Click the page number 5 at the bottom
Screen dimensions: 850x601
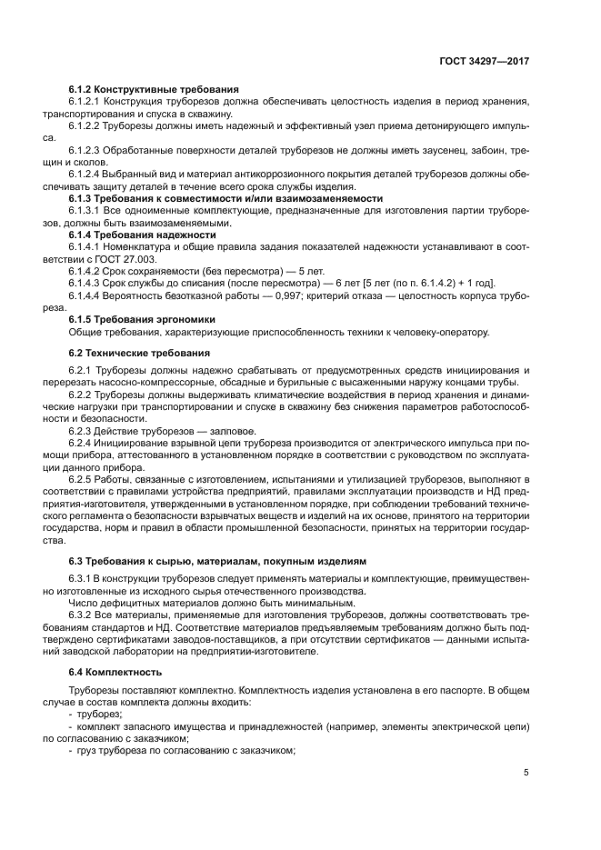pyautogui.click(x=526, y=773)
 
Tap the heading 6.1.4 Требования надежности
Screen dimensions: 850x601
pyautogui.click(x=143, y=235)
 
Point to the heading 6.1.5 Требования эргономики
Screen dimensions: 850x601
pyautogui.click(x=143, y=319)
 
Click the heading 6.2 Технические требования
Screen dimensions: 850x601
pyautogui.click(x=139, y=352)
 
